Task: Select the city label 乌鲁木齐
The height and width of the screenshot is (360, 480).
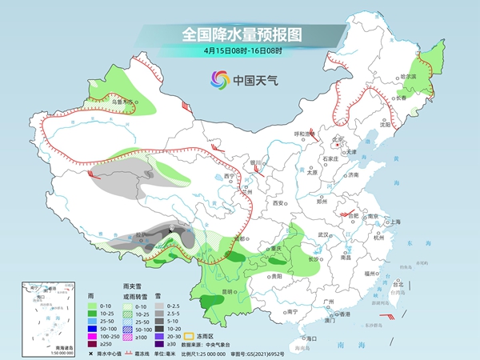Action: coord(122,102)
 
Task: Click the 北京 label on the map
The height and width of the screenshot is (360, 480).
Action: coord(338,139)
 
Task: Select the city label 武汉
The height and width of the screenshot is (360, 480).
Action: coord(324,234)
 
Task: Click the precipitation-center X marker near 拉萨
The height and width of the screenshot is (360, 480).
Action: coord(172,228)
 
